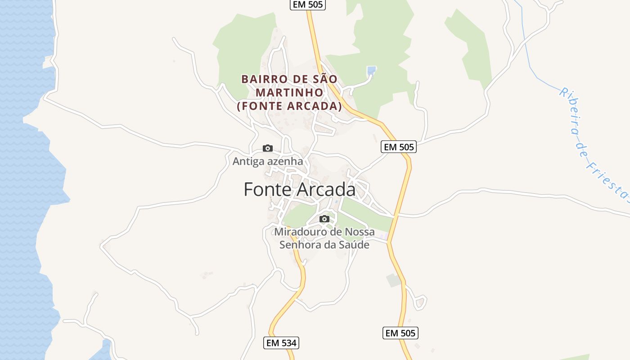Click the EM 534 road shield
[x=281, y=343]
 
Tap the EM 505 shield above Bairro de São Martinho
[x=307, y=4]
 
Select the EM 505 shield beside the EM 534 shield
[x=400, y=333]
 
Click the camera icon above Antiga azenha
[x=268, y=148]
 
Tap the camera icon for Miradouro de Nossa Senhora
[x=324, y=219]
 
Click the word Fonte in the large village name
[x=267, y=190]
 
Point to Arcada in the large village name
[x=326, y=190]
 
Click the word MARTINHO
[x=289, y=93]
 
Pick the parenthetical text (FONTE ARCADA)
[x=289, y=106]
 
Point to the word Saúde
[x=355, y=245]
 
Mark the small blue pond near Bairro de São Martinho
[x=371, y=71]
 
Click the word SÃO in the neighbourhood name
[x=325, y=79]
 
